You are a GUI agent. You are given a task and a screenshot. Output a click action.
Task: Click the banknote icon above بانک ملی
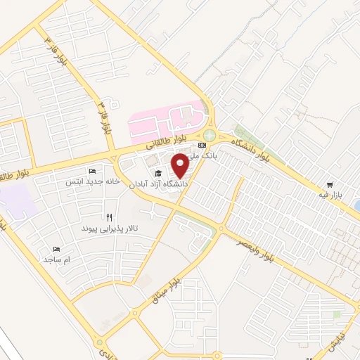pos(202,145)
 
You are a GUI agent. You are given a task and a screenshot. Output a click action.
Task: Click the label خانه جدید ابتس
pos(84,181)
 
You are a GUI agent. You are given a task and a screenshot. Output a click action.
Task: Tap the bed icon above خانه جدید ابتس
pos(92,171)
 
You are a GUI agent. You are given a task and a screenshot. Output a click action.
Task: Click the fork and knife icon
pos(109,217)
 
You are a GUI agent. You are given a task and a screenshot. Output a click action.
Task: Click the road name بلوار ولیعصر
pos(274,250)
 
